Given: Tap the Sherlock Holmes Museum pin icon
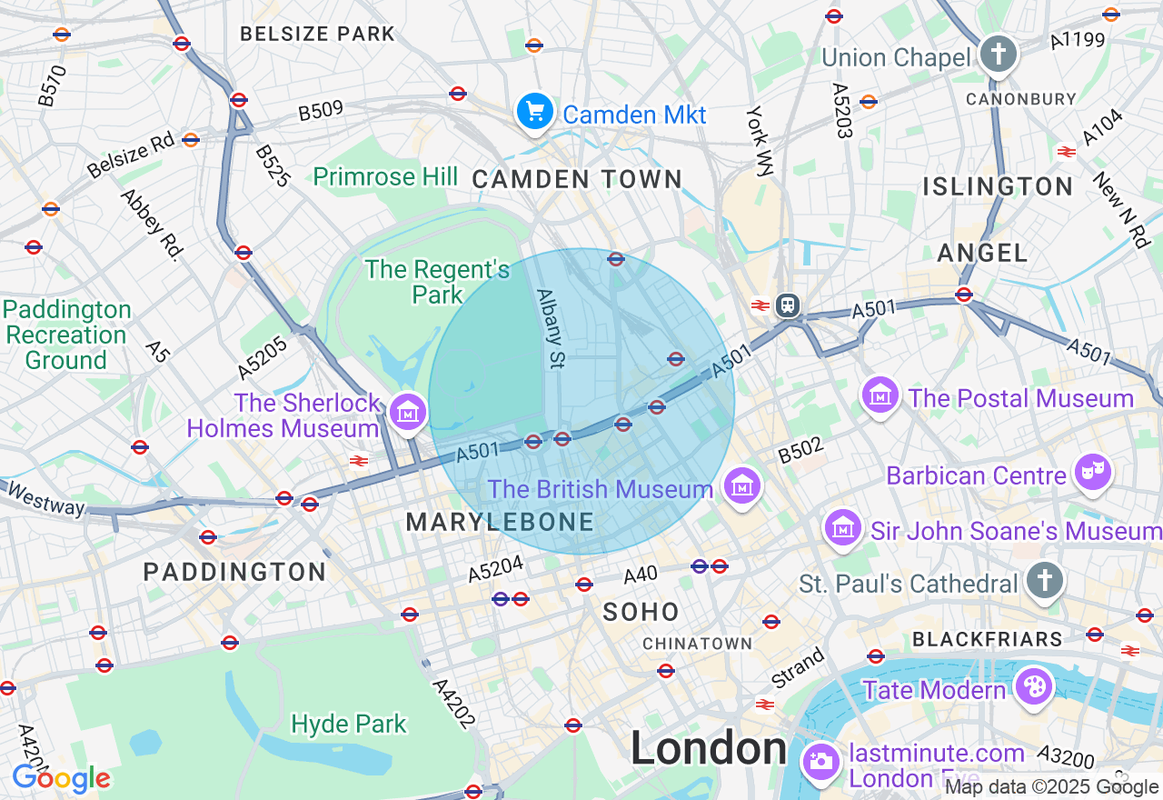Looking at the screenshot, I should click(x=408, y=413).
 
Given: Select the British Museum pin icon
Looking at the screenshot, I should click(x=742, y=486).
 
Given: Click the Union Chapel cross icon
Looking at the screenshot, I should click(x=998, y=54).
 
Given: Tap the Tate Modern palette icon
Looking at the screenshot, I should click(x=1033, y=686).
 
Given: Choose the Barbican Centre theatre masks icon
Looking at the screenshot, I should click(x=1092, y=472).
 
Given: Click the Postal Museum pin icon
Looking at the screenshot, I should click(x=880, y=395).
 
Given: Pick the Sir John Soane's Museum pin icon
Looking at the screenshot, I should click(x=844, y=527).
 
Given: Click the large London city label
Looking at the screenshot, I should click(x=709, y=749).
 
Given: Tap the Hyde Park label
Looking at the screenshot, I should click(x=349, y=725).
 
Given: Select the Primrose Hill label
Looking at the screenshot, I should click(x=385, y=176).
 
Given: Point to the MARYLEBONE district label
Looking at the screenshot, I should click(x=500, y=523).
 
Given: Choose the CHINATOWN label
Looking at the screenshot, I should click(x=697, y=644).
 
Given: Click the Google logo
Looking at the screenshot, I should click(x=61, y=779).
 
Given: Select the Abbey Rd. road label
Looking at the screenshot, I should click(x=149, y=224).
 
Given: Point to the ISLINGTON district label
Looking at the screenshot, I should click(x=998, y=187).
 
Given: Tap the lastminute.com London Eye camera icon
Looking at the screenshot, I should click(x=821, y=761).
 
